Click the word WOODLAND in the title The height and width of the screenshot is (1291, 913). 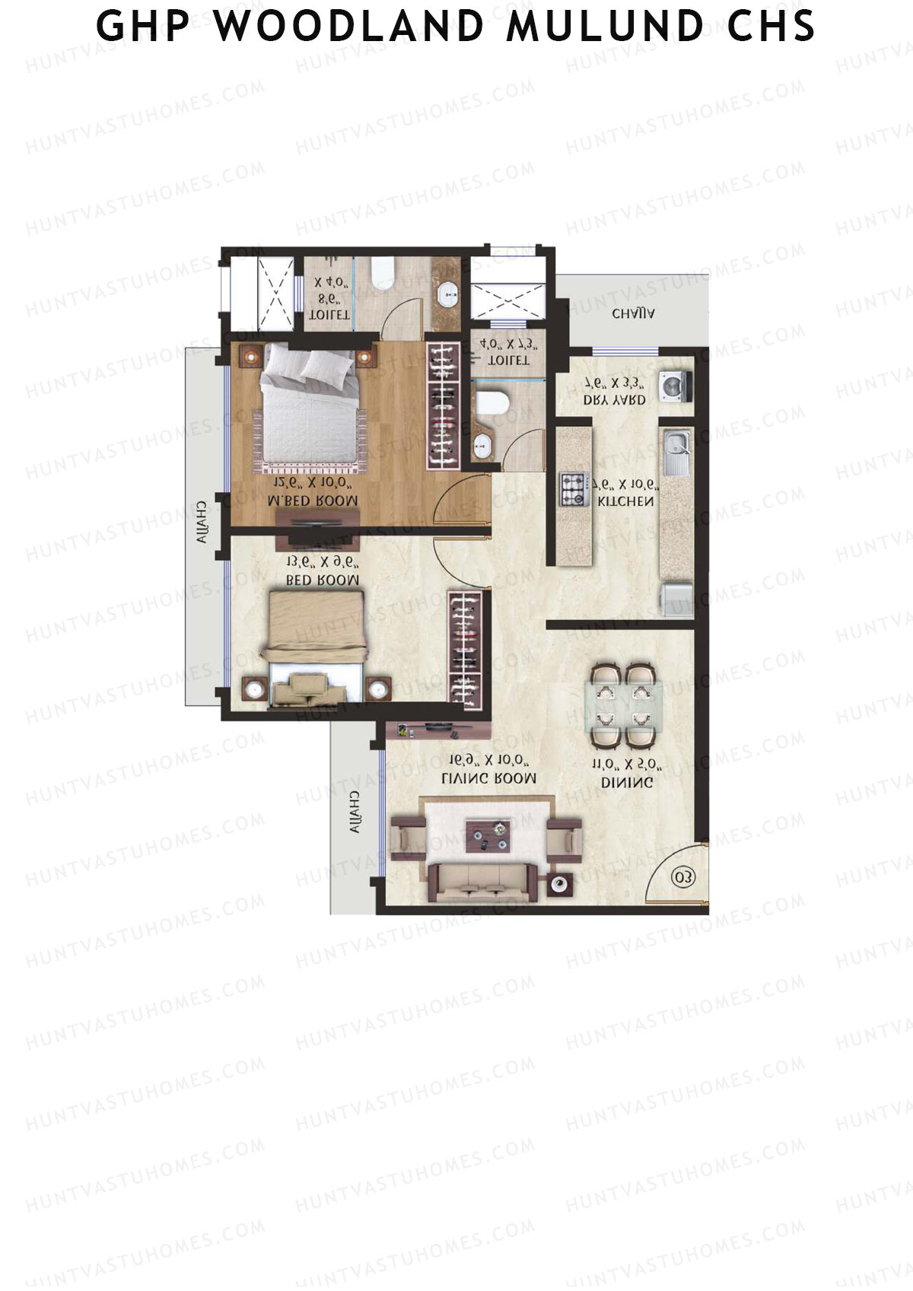[348, 27]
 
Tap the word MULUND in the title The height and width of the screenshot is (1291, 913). [606, 27]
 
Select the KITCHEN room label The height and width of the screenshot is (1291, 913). [625, 501]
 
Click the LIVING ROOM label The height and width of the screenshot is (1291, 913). [488, 778]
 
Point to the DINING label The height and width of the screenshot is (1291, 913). [627, 782]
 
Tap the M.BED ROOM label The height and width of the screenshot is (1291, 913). [313, 501]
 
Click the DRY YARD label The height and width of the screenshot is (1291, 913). [614, 399]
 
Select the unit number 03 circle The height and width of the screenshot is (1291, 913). [682, 877]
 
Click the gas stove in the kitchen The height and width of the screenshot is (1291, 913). [574, 489]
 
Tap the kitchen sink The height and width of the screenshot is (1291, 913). [676, 449]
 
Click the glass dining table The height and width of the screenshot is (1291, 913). [623, 705]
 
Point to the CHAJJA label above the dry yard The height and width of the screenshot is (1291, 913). [634, 313]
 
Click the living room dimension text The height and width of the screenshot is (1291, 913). [488, 760]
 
